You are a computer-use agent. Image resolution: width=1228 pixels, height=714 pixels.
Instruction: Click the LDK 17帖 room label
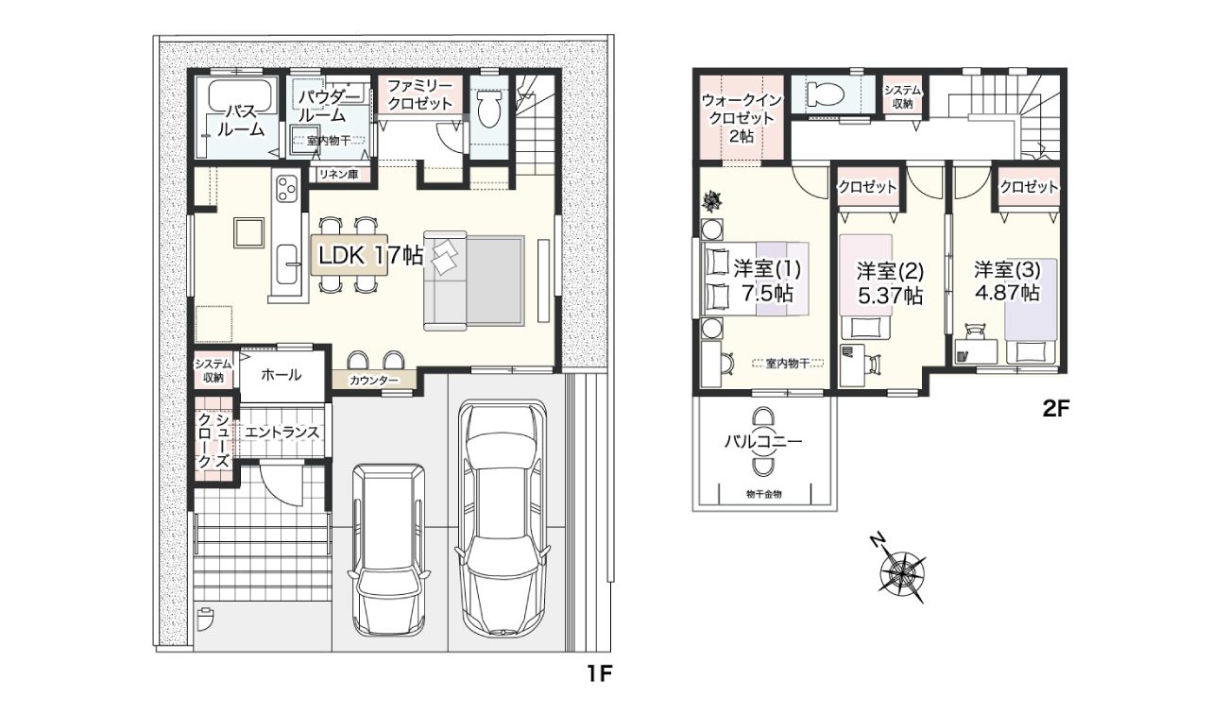click(x=371, y=255)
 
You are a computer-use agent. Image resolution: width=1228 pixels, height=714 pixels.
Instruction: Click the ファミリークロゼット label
click(x=420, y=94)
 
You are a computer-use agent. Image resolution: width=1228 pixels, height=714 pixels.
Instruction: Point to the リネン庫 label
click(x=338, y=175)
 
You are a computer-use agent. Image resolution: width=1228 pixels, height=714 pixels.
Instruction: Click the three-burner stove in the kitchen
click(x=287, y=188)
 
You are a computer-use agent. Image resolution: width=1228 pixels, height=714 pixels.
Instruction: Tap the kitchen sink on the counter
click(x=287, y=264)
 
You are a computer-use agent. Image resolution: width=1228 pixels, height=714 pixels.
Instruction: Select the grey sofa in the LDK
click(x=445, y=280)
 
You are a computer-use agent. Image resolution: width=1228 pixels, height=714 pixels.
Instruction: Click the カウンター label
click(x=374, y=381)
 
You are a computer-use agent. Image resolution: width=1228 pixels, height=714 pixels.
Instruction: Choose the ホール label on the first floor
click(x=281, y=375)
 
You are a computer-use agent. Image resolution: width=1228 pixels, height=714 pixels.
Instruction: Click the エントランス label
click(x=281, y=433)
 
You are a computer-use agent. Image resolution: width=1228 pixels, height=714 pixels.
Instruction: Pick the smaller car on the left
click(x=388, y=551)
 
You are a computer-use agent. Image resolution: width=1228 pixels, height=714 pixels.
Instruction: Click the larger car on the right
click(x=503, y=518)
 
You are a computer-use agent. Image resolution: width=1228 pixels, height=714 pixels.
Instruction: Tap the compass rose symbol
click(x=901, y=572)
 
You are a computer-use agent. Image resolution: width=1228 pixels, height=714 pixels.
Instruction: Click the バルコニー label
click(x=763, y=441)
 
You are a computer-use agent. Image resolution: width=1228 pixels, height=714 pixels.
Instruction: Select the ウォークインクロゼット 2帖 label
click(x=742, y=118)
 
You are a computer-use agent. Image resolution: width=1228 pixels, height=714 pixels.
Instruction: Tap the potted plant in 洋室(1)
click(x=713, y=201)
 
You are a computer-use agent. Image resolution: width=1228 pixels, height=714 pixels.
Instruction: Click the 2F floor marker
click(x=1056, y=409)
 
